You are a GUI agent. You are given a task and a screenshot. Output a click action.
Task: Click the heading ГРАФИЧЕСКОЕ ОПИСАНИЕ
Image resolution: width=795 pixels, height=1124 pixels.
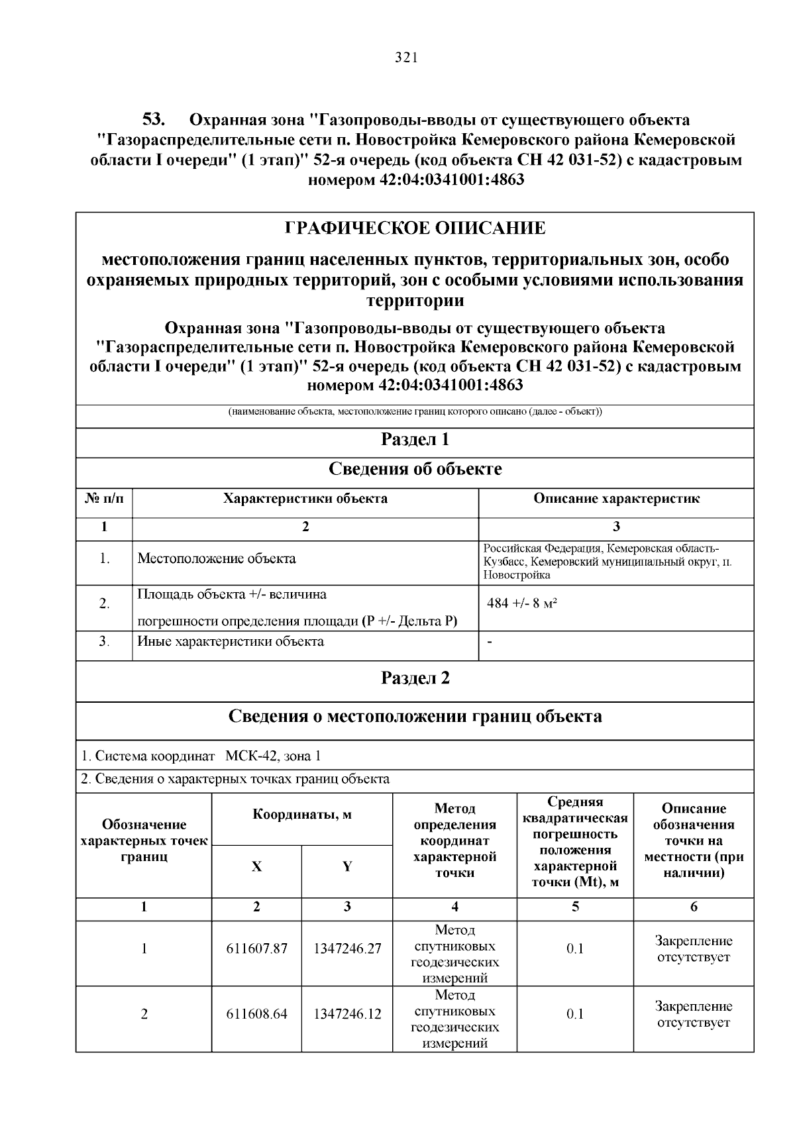415,229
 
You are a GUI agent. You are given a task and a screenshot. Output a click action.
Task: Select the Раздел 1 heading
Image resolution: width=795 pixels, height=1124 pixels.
415,440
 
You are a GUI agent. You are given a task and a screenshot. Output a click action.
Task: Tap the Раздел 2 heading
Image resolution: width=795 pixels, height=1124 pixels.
415,678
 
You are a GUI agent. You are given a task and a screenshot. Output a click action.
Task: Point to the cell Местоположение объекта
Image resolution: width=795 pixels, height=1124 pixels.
217,559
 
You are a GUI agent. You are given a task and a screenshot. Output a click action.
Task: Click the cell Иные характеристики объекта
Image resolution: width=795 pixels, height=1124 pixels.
231,642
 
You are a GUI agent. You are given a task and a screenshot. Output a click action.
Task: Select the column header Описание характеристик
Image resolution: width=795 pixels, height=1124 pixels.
616,499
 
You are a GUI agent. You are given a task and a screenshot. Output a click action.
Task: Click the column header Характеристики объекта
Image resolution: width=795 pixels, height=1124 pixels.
305,499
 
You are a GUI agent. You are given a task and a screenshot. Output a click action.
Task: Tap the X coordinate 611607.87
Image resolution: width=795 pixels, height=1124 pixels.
256,949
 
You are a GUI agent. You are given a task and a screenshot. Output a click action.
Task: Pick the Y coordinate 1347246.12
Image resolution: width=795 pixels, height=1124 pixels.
347,1015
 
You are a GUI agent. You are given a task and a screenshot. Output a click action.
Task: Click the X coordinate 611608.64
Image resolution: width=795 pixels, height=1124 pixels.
256,1015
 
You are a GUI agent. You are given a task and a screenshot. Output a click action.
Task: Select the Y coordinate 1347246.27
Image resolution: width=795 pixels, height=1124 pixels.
347,949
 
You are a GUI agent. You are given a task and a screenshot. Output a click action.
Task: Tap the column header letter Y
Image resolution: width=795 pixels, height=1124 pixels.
347,867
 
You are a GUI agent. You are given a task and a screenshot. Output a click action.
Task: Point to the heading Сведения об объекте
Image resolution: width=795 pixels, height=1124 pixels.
415,470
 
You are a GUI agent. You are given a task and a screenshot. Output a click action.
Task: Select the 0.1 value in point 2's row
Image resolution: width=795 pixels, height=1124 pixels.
575,1015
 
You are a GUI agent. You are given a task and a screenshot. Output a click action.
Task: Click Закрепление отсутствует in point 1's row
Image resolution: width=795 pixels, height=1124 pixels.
693,949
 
